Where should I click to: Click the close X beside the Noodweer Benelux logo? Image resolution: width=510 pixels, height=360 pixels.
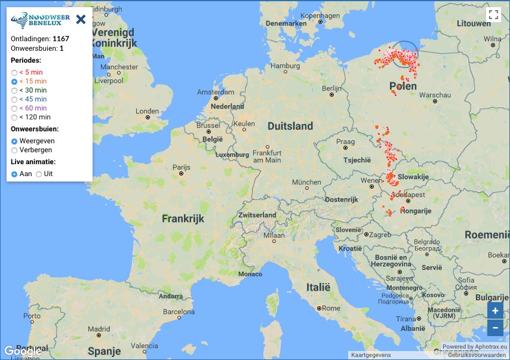coord(81,19)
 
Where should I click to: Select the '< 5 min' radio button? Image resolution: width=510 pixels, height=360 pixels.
coord(14,72)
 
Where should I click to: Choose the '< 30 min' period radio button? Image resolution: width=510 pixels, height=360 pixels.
coord(14,90)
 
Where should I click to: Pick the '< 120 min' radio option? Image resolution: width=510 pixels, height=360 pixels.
coord(14,117)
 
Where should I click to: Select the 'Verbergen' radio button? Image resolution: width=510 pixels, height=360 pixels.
coord(14,150)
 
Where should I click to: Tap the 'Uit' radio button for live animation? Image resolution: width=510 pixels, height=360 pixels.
coord(39,174)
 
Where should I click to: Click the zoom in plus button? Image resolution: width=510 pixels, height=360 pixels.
coord(494,310)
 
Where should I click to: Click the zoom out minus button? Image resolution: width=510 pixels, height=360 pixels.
coord(494,328)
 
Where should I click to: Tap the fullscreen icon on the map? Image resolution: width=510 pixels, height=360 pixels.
coord(493,15)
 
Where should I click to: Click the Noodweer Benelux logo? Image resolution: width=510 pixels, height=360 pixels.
coord(41,19)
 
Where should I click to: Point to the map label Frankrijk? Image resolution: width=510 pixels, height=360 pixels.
coord(183,219)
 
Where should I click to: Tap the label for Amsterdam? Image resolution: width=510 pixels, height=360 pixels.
coord(216,93)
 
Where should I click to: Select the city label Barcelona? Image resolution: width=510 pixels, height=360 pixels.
coord(179,312)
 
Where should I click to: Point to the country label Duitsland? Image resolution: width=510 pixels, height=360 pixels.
coord(290,126)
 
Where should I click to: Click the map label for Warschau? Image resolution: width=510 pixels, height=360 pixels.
coord(435,95)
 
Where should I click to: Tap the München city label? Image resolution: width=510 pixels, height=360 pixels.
coord(306,182)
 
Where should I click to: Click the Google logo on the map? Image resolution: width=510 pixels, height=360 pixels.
coord(23,351)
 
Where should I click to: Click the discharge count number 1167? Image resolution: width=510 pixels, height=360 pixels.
coord(62,39)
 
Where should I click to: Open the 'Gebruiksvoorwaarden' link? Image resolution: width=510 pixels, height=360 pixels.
coord(477,355)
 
